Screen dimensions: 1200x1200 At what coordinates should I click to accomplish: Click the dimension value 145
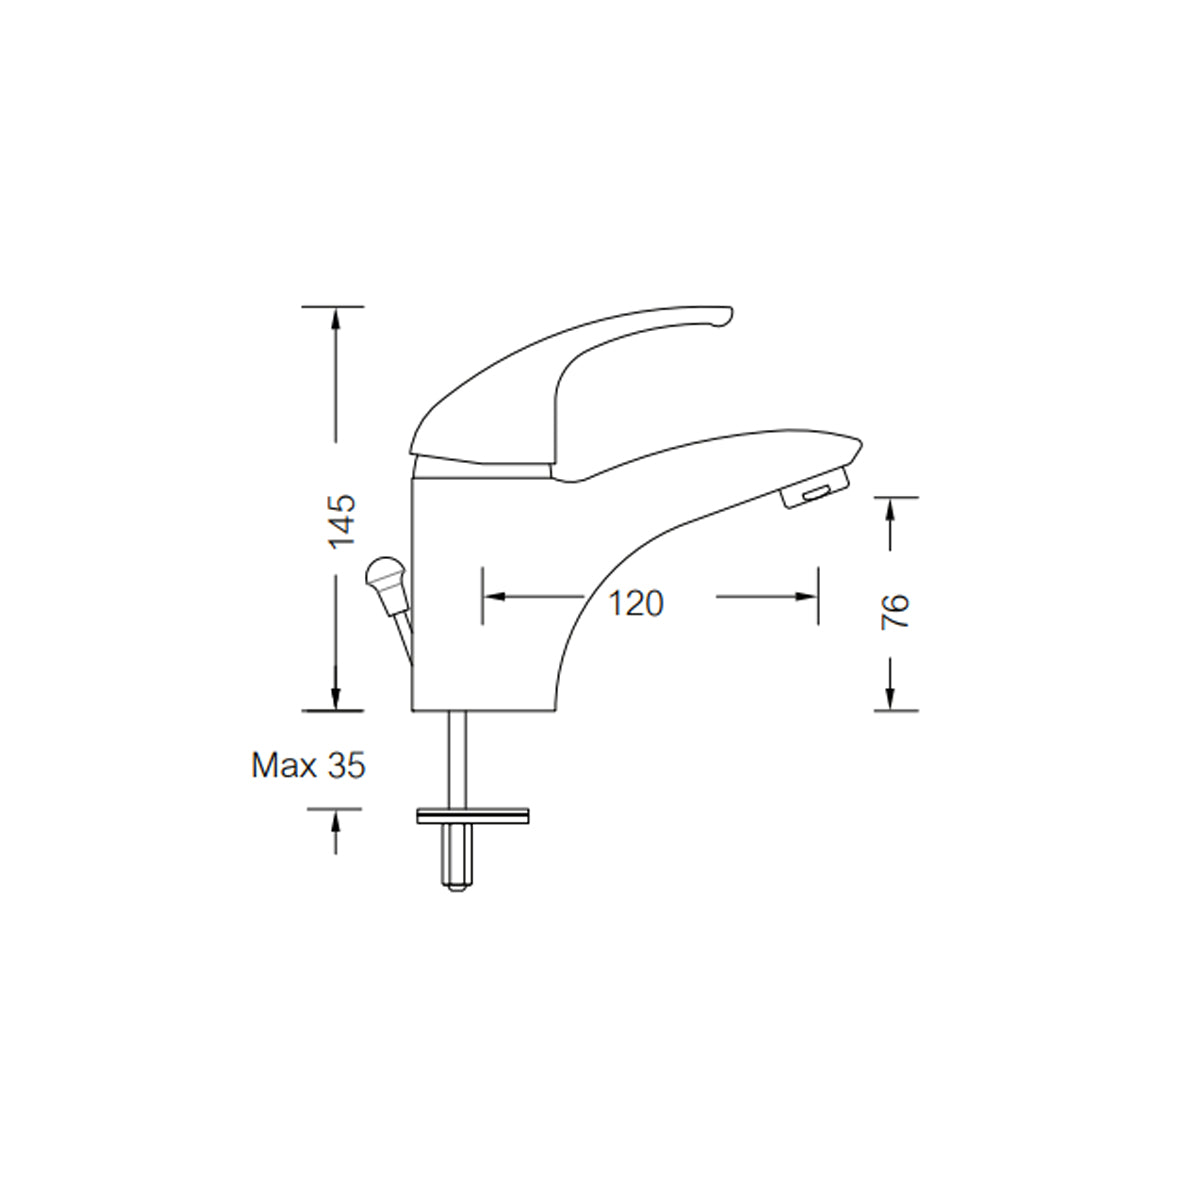click(342, 520)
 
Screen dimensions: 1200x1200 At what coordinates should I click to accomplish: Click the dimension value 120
click(637, 603)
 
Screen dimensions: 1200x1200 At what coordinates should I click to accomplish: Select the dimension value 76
click(896, 611)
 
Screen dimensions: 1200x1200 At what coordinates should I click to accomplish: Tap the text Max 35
click(308, 766)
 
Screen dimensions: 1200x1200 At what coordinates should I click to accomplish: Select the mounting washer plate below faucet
click(473, 817)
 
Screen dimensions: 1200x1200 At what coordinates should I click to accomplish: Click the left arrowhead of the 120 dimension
click(493, 596)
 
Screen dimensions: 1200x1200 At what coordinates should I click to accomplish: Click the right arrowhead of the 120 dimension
click(808, 596)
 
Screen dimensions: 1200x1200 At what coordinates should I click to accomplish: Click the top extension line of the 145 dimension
click(333, 306)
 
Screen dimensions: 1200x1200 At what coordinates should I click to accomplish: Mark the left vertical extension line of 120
click(482, 596)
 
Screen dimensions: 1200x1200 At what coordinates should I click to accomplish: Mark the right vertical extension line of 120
click(819, 596)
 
